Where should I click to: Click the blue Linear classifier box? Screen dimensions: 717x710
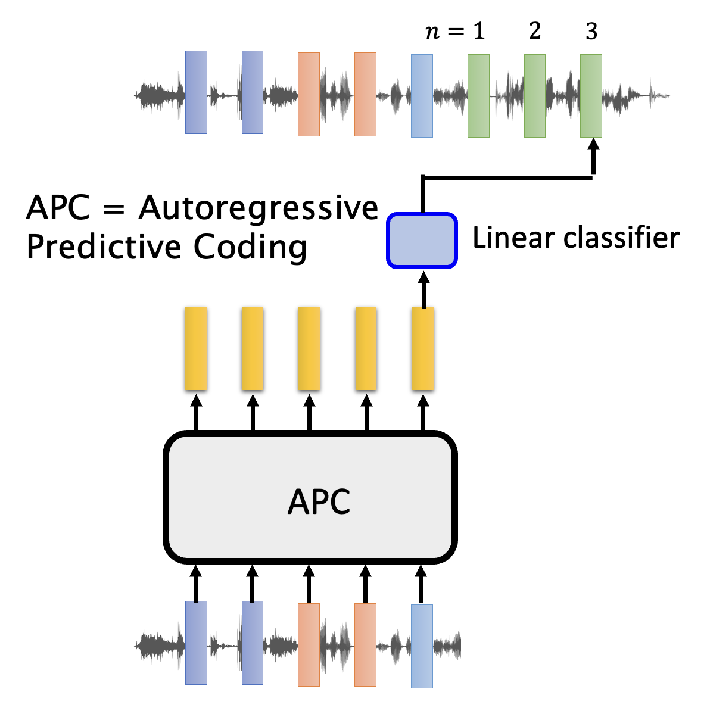422,241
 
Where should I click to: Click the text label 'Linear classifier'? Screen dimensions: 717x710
575,238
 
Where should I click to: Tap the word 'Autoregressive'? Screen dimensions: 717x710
259,208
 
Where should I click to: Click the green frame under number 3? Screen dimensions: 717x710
591,96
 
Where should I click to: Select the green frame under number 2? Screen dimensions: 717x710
534,96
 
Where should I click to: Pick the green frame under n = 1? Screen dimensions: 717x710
478,96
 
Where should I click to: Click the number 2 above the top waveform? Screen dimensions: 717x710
535,31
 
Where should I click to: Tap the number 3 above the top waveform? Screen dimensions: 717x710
591,32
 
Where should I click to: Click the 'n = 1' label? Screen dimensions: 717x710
456,31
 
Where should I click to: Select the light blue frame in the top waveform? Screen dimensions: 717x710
422,96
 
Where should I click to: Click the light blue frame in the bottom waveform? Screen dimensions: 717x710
422,646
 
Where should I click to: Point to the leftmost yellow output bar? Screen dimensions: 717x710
196,348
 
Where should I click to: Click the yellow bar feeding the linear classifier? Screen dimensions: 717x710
422,348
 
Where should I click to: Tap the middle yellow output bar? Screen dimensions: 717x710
309,348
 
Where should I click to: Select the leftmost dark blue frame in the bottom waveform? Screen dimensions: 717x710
196,643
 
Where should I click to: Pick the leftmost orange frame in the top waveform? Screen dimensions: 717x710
309,94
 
